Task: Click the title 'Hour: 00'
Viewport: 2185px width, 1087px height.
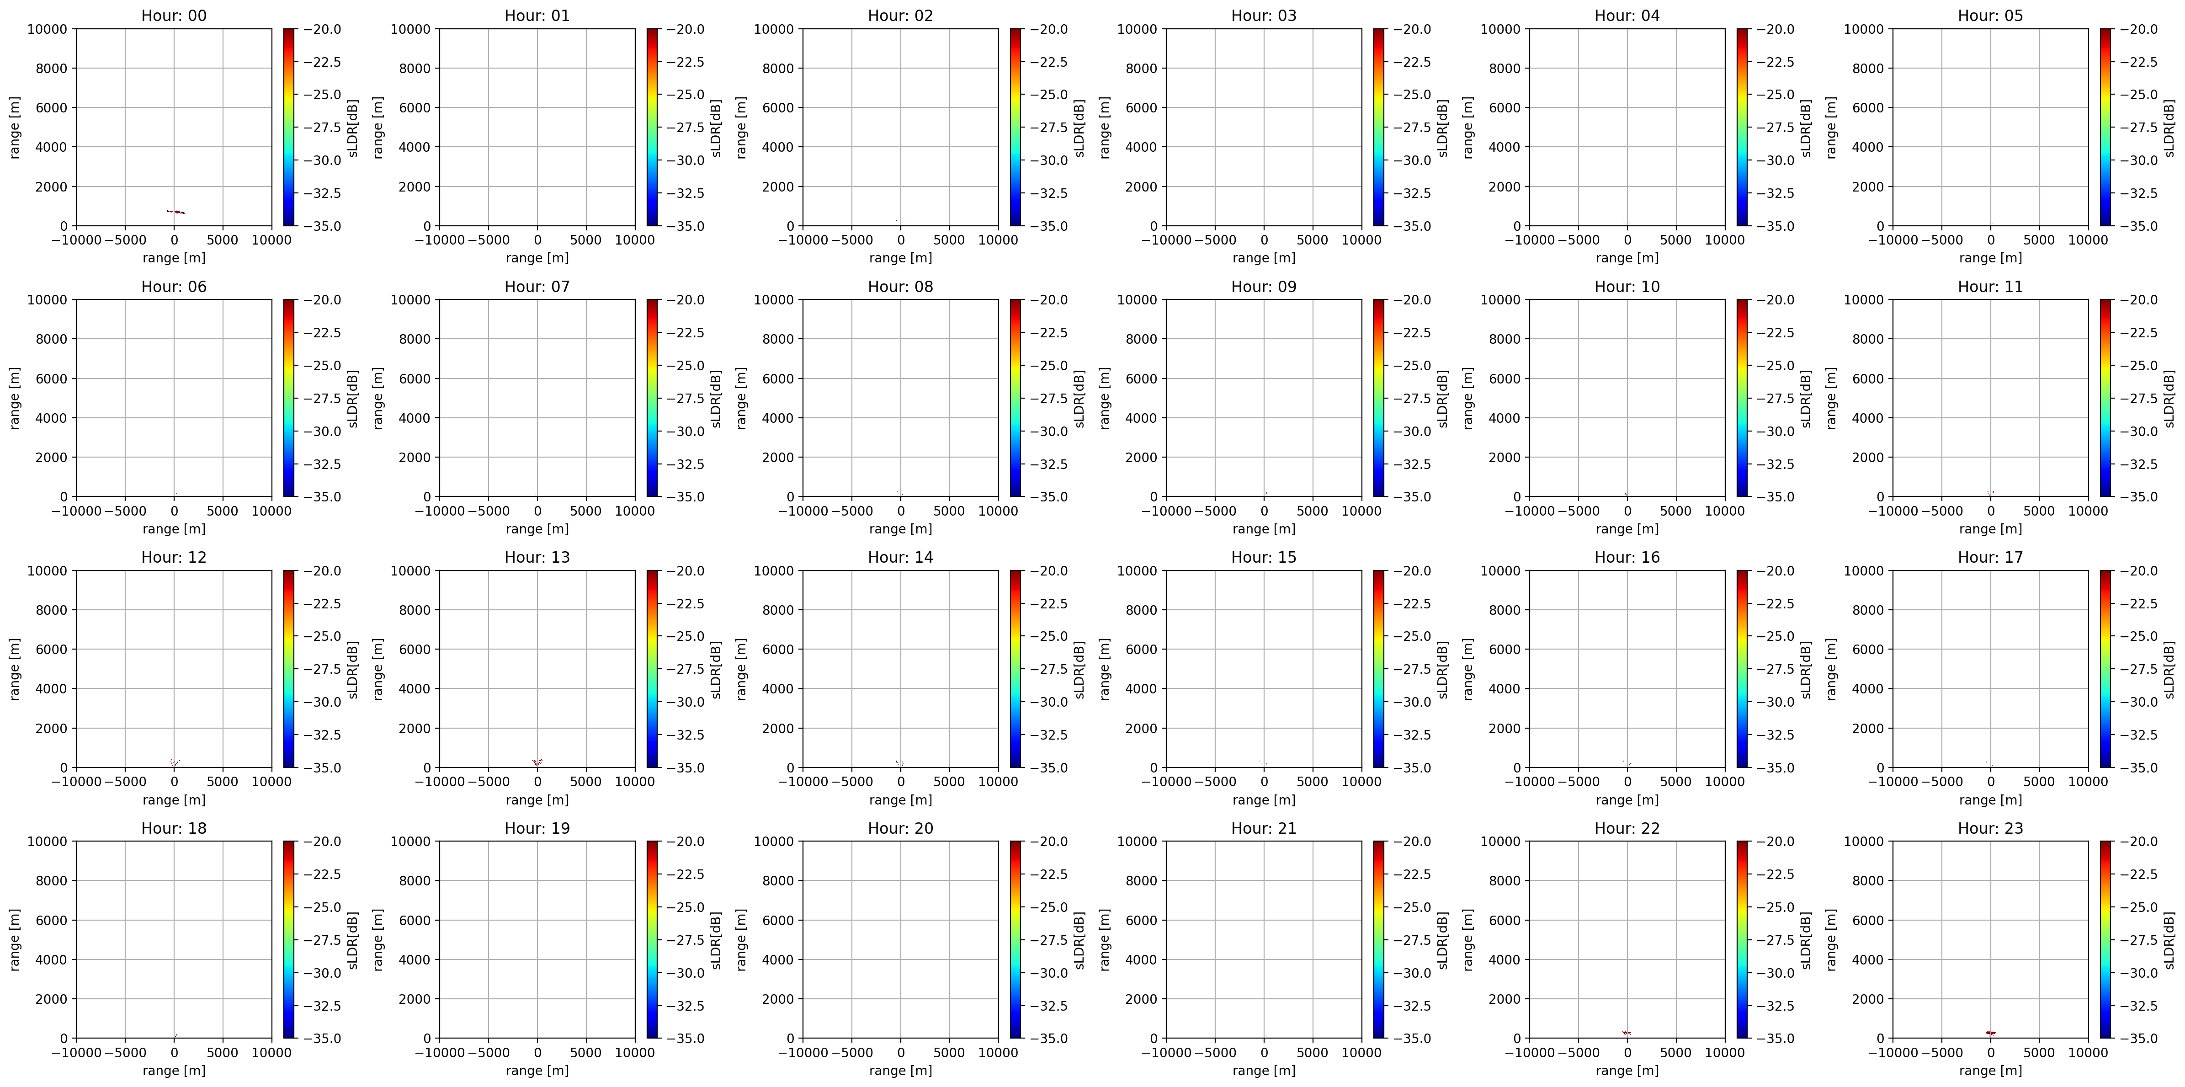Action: click(174, 15)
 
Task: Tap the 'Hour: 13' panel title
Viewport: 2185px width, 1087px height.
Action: click(537, 558)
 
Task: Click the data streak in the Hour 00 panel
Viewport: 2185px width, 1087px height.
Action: click(175, 211)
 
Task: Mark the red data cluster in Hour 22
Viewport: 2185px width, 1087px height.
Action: click(1627, 1033)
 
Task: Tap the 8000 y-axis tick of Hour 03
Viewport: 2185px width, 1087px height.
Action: click(1141, 69)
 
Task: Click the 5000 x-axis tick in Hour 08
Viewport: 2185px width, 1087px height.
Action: click(949, 511)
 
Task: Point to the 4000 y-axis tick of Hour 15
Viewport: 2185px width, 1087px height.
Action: click(1141, 689)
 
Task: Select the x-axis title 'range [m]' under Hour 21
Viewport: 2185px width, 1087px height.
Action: click(1264, 1071)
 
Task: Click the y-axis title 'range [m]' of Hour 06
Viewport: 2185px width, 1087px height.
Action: click(15, 398)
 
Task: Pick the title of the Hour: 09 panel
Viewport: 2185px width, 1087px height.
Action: click(1264, 287)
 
